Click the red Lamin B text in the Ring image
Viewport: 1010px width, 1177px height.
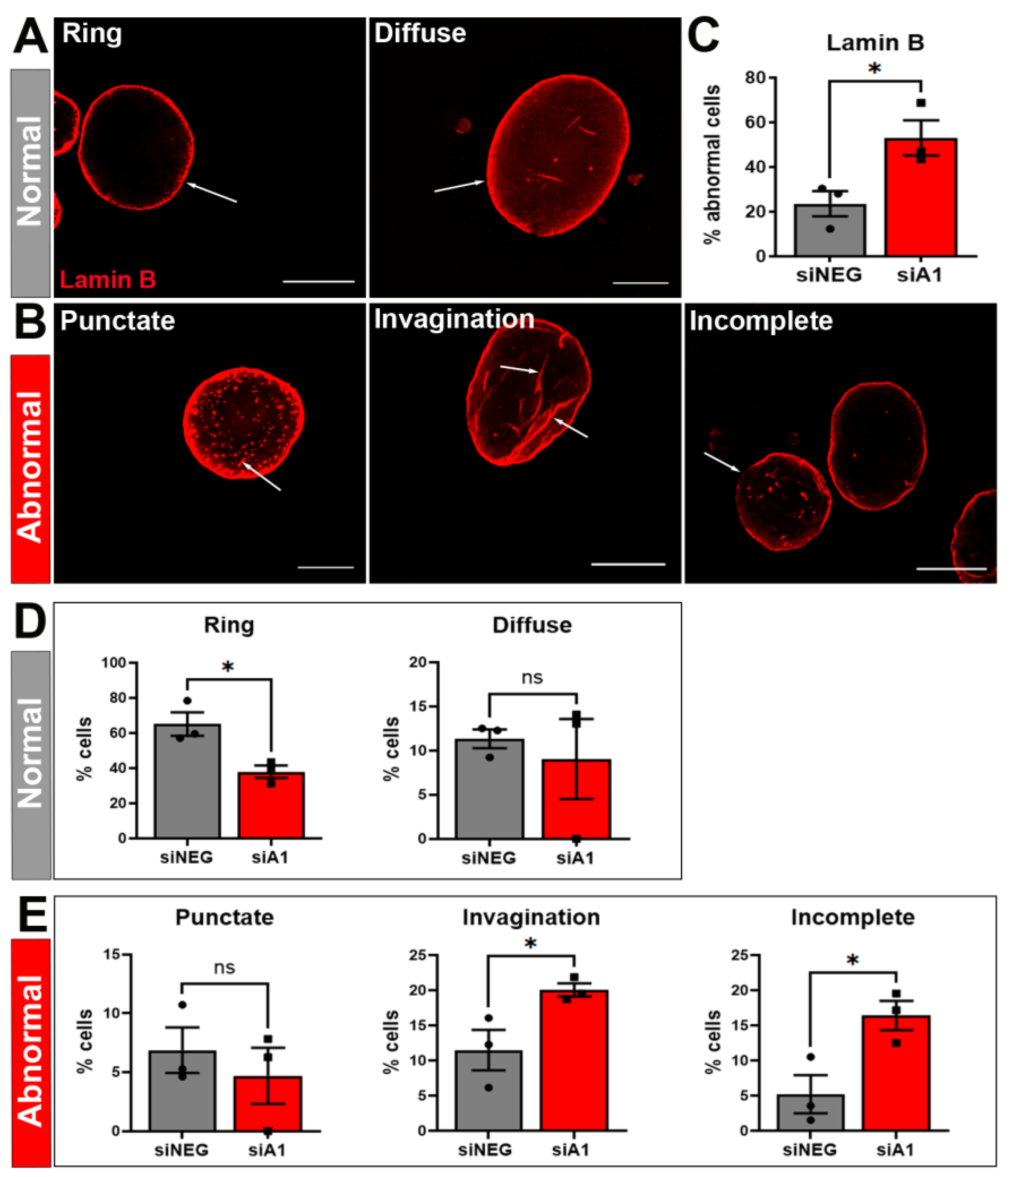108,279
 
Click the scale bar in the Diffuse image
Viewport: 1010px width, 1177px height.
641,282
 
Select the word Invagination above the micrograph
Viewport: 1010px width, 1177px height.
454,320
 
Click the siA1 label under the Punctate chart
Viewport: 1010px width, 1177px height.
267,1150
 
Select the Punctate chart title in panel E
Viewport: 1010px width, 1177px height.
224,917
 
